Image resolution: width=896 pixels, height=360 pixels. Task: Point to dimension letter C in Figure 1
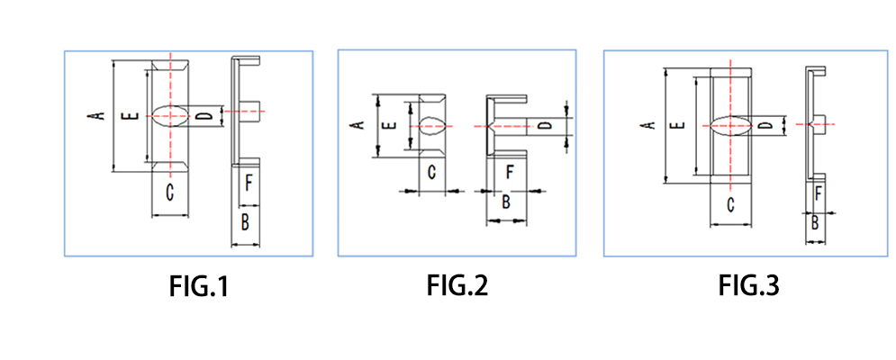[x=169, y=191]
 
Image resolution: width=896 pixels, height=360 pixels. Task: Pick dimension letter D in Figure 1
[x=205, y=116]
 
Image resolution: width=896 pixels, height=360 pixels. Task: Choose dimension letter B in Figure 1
[x=245, y=220]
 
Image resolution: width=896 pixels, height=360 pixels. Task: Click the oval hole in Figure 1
[x=169, y=115]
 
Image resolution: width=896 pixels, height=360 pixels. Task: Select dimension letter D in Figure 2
[x=544, y=125]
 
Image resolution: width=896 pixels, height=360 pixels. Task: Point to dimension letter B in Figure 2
[x=505, y=202]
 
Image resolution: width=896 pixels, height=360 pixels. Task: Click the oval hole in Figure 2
[x=429, y=124]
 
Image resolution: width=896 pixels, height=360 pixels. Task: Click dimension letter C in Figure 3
[x=730, y=204]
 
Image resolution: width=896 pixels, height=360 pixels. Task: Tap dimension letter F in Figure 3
[x=818, y=192]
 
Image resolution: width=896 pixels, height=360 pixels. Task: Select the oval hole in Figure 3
[x=730, y=125]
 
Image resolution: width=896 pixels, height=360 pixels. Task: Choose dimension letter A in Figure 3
[x=646, y=125]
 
